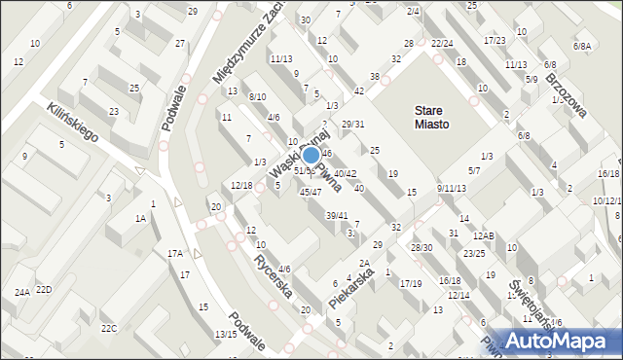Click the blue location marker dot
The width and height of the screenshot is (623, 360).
pyautogui.click(x=311, y=155)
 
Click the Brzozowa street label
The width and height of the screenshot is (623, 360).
pyautogui.click(x=566, y=94)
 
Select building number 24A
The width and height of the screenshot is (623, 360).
pyautogui.click(x=21, y=292)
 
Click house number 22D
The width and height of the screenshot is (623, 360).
pyautogui.click(x=44, y=290)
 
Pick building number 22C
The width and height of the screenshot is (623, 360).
pyautogui.click(x=108, y=328)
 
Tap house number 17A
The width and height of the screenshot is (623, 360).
pyautogui.click(x=174, y=254)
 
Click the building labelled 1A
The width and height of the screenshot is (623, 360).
pyautogui.click(x=140, y=219)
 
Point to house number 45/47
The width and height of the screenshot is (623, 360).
pyautogui.click(x=310, y=192)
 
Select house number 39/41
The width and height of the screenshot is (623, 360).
pyautogui.click(x=336, y=215)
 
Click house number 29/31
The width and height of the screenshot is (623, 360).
pyautogui.click(x=353, y=124)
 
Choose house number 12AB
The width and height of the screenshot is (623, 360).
pyautogui.click(x=484, y=236)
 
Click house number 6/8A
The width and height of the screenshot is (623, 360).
pyautogui.click(x=582, y=46)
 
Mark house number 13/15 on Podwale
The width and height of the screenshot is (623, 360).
pyautogui.click(x=226, y=334)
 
